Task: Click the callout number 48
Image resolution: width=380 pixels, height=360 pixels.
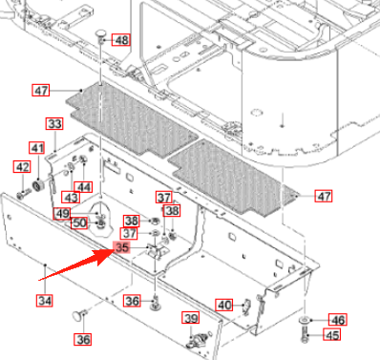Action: tap(121, 40)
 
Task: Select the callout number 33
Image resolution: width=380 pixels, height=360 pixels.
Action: tap(54, 123)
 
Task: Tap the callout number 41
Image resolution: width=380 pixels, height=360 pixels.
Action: tap(37, 148)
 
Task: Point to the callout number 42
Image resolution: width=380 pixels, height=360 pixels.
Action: tap(22, 167)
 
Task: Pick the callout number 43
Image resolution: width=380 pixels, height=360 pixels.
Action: tap(71, 198)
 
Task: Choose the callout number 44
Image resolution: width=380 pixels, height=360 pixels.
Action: tap(83, 187)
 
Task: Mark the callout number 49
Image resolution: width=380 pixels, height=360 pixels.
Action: tap(62, 213)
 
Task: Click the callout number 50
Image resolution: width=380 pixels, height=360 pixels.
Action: tap(79, 222)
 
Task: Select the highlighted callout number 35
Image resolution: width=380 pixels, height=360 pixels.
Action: tap(122, 247)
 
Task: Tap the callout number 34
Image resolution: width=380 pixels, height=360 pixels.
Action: tap(45, 301)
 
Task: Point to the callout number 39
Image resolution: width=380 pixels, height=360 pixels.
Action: tap(191, 318)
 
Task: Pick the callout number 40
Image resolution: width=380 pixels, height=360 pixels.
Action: tap(224, 306)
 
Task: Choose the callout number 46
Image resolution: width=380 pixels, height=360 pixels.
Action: tap(338, 320)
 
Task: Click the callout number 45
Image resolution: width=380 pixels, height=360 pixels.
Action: tap(332, 335)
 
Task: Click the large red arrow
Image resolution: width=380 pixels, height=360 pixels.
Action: tap(75, 264)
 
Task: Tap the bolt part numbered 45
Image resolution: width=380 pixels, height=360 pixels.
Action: tap(305, 335)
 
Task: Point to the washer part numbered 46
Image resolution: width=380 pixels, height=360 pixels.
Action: tap(305, 320)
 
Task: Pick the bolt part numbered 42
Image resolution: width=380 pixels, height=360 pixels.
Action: tap(24, 194)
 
